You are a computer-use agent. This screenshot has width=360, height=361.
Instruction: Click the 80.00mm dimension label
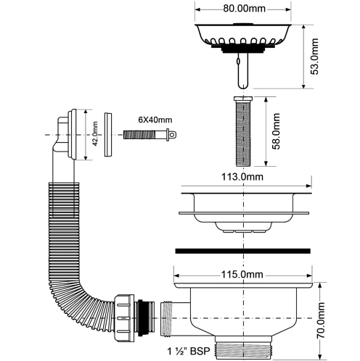[244, 9]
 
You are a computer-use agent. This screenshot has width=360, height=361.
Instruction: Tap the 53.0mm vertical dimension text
[314, 57]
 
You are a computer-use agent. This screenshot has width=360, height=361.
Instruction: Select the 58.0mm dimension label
[276, 131]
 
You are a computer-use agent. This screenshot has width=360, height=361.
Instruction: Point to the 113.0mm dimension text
[242, 177]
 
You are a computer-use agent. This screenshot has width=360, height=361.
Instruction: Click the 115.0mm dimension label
[242, 275]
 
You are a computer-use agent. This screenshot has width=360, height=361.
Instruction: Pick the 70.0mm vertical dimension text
[322, 320]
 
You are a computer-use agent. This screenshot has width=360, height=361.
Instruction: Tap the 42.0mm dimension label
[95, 133]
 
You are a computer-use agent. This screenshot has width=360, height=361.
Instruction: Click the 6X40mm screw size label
[155, 120]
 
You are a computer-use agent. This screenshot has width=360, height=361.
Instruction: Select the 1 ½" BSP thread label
[189, 351]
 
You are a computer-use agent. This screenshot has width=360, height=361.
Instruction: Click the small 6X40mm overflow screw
[150, 135]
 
